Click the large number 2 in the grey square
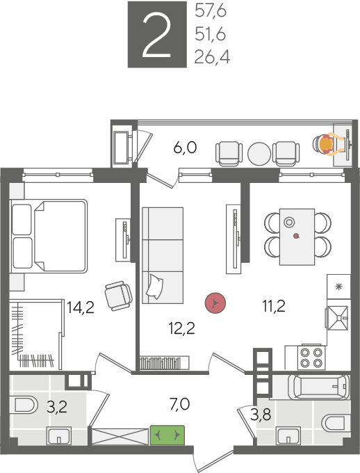tap(157, 35)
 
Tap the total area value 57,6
tap(211, 12)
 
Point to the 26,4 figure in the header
tap(212, 56)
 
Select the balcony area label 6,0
tap(185, 147)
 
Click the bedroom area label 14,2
tap(81, 307)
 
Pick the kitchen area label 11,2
tap(274, 306)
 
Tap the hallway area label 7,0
tap(180, 404)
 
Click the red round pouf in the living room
tap(215, 303)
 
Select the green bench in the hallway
tap(167, 435)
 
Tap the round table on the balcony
tap(259, 154)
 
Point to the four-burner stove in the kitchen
tap(311, 358)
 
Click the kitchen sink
tap(338, 318)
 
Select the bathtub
tap(319, 387)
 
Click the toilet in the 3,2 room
tap(24, 405)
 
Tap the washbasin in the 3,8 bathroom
tap(288, 436)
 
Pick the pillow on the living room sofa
tap(155, 287)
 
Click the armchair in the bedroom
tap(118, 296)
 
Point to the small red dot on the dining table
tap(297, 236)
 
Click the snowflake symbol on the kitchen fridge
tap(339, 287)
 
